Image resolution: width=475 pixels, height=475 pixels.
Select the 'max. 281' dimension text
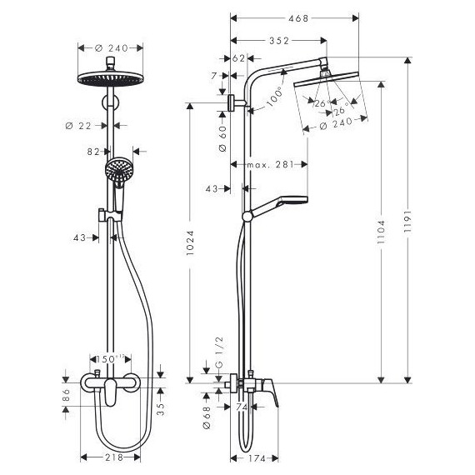pyautogui.click(x=272, y=164)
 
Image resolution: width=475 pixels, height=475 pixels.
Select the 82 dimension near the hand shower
pyautogui.click(x=94, y=152)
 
